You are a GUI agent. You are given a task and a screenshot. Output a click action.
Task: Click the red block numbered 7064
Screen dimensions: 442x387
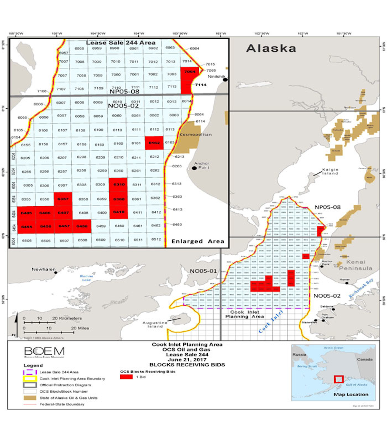(x=190, y=72)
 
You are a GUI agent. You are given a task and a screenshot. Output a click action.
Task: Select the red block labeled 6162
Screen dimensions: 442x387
(x=154, y=143)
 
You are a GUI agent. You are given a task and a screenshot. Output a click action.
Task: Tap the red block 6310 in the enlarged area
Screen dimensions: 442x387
(x=119, y=184)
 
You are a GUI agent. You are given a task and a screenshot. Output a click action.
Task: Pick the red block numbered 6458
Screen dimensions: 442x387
(x=82, y=226)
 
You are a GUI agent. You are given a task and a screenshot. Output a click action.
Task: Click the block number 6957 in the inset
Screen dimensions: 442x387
(x=64, y=53)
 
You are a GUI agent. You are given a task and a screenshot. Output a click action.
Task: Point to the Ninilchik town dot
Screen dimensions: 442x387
(x=225, y=79)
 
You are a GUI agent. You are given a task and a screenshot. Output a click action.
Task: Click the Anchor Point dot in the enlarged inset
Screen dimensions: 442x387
(x=194, y=168)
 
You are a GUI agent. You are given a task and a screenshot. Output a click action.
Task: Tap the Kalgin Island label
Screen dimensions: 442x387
(x=330, y=172)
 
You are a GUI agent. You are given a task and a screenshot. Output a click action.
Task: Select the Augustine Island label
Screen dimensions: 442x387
(x=155, y=324)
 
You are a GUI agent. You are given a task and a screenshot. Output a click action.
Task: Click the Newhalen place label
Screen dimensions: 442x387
(x=44, y=269)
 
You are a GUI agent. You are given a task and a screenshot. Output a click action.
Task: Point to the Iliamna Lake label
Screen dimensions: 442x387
(x=86, y=278)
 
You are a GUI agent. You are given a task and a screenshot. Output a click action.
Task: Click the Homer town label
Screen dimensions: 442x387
(x=344, y=280)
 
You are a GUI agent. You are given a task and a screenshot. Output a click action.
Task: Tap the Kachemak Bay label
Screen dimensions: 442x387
(x=361, y=288)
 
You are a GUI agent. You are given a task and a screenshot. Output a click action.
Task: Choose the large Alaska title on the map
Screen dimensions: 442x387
(x=271, y=48)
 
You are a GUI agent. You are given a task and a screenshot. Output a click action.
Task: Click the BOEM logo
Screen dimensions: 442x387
(x=45, y=352)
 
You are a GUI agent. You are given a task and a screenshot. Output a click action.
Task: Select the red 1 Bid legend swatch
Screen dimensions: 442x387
(x=126, y=377)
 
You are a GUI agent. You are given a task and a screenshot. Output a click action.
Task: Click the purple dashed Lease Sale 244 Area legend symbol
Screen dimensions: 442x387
(x=30, y=372)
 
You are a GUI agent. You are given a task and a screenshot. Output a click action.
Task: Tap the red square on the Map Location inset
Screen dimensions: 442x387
(x=339, y=379)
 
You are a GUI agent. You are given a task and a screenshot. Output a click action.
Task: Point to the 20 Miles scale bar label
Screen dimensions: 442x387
(x=80, y=328)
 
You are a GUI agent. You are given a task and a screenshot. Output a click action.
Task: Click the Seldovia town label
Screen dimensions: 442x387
(x=326, y=306)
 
